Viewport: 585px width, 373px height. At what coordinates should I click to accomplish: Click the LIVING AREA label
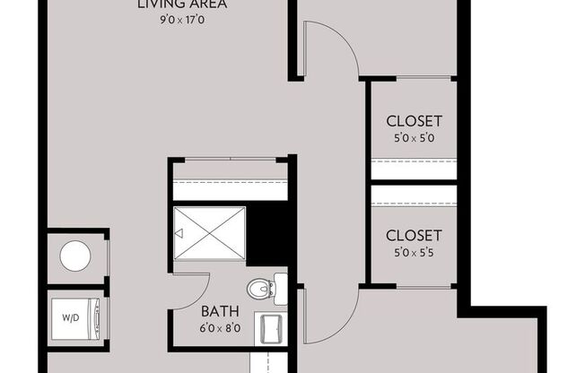[x=182, y=4]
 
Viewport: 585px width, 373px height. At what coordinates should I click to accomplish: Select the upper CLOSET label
[x=414, y=121]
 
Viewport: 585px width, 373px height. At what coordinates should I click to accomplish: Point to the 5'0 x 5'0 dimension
[x=414, y=138]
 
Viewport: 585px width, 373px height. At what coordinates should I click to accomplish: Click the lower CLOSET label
[x=414, y=236]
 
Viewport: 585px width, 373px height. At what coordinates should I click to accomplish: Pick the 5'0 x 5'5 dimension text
[x=414, y=253]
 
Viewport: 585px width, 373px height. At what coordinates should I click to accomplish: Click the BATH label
[x=219, y=311]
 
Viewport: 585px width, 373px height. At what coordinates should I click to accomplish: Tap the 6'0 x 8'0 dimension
[x=219, y=328]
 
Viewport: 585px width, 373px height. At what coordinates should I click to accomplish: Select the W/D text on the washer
[x=69, y=317]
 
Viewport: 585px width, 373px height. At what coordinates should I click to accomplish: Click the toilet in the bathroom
[x=262, y=289]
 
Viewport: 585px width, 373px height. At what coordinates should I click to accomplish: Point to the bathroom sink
[x=271, y=329]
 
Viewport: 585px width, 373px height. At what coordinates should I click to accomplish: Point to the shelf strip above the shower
[x=231, y=189]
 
